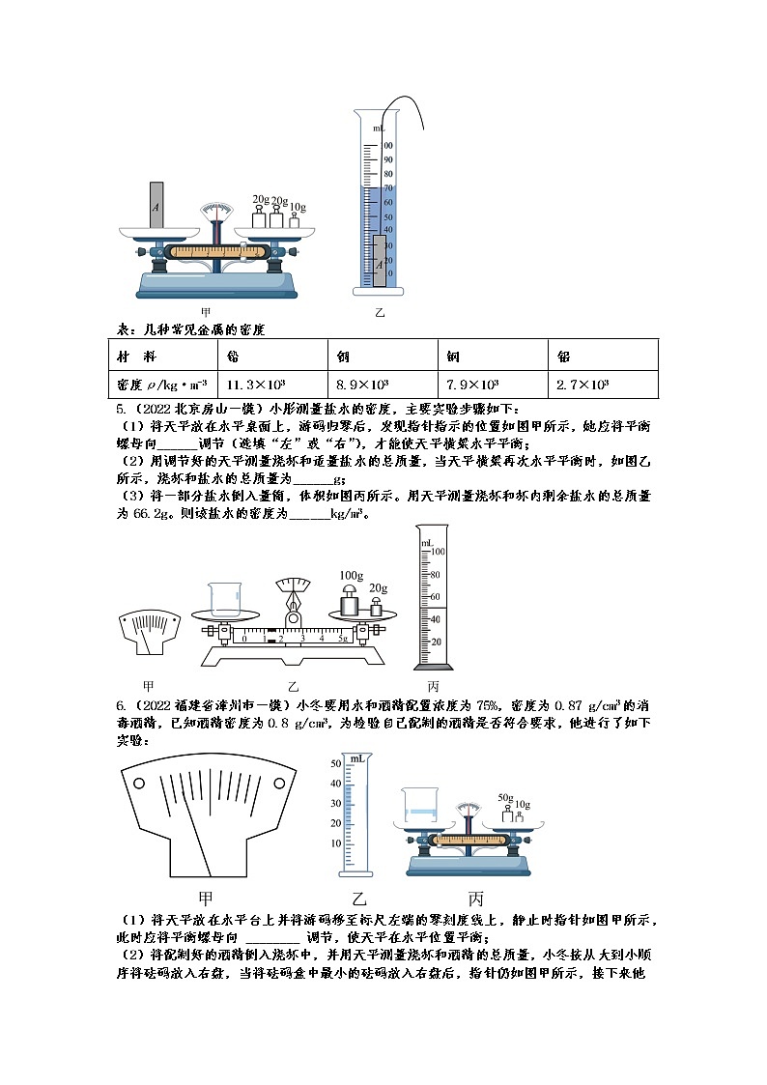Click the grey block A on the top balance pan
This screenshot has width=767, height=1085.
tap(156, 205)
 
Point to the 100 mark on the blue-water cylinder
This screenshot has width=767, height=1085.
tap(388, 146)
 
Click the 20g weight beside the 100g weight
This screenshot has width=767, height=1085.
tap(378, 607)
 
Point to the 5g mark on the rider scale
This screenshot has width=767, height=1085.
tap(343, 640)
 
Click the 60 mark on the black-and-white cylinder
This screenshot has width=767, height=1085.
tap(434, 596)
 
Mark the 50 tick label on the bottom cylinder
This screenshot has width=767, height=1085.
tap(336, 763)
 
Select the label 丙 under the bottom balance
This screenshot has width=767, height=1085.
tap(475, 897)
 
